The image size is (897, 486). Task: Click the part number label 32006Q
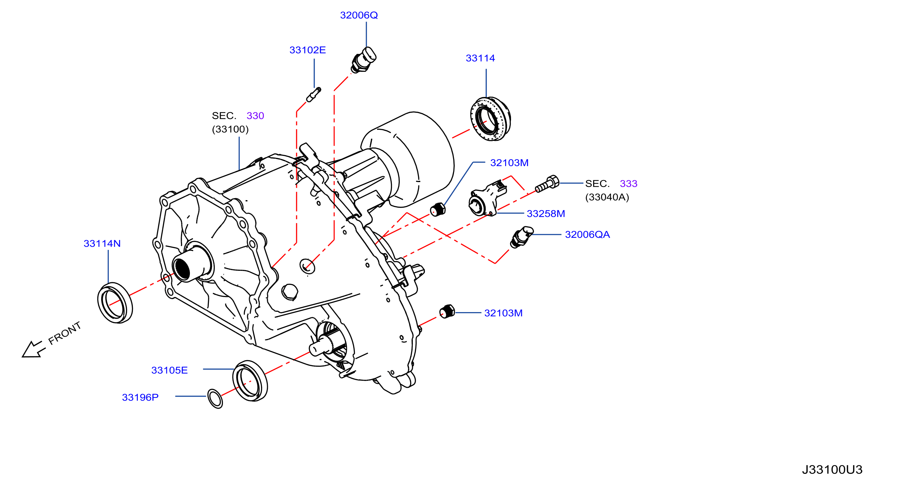point(359,15)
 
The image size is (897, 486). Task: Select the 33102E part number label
point(307,50)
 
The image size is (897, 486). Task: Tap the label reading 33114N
point(102,244)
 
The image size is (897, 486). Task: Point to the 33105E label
point(169,370)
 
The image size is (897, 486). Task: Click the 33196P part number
point(140,397)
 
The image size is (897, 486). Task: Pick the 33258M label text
point(546,214)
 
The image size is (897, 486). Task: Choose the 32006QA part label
point(587,234)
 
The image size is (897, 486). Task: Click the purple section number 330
point(255,116)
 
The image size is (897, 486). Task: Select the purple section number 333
point(629,184)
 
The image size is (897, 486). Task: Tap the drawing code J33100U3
point(832,469)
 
